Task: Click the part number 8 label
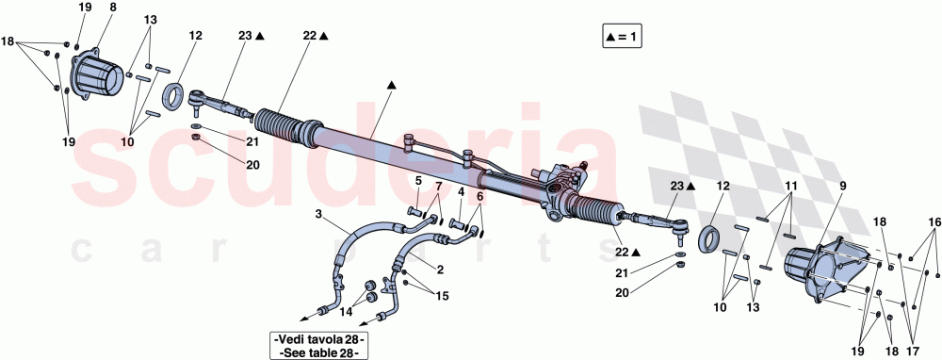113,8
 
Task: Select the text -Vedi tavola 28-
317,339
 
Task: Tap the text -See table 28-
317,352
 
